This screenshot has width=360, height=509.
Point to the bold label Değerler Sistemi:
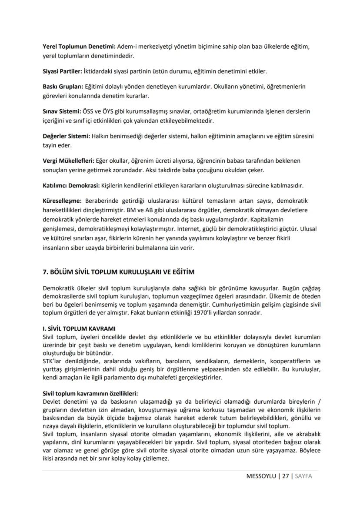click(67, 136)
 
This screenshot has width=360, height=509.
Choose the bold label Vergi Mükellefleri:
click(69, 161)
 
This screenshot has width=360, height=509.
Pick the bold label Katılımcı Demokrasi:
click(71, 185)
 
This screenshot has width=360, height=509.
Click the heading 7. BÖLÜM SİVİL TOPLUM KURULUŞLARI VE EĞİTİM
click(118, 272)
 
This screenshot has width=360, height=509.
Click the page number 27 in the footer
click(285, 476)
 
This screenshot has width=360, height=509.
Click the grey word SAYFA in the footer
click(303, 476)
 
